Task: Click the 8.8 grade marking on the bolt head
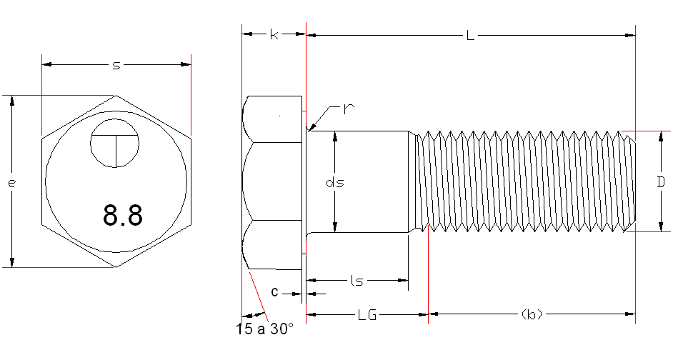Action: [123, 214]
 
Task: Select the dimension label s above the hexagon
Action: [116, 66]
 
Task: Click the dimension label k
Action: [274, 34]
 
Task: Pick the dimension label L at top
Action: [469, 35]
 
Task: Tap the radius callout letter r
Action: [349, 109]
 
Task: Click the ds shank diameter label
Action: [335, 183]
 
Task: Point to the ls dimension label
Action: [357, 281]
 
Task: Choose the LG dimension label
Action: [367, 314]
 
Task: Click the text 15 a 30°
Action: [264, 329]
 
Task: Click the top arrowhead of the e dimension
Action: [12, 101]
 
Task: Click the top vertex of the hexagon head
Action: [116, 95]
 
